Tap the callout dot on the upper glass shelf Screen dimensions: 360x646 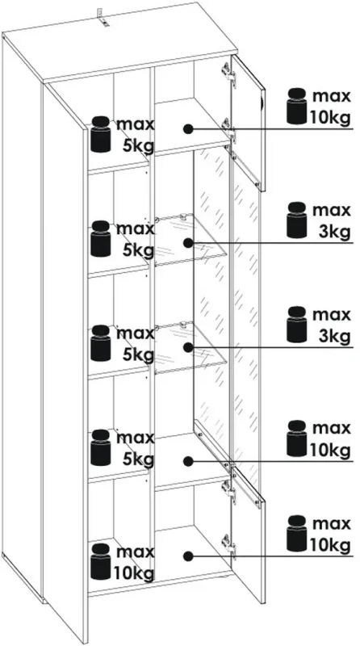pos(188,244)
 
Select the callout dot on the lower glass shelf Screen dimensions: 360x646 pos(188,347)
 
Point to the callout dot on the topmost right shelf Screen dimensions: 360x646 pos(188,129)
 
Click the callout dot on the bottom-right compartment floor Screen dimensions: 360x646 pos(188,556)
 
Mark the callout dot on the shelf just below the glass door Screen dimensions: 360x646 pos(188,461)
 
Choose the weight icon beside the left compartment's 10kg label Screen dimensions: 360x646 pos(101,562)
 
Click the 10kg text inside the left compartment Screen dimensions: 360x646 pos(135,573)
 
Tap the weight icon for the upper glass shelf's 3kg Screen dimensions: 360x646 pos(297,220)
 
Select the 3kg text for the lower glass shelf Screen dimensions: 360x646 pos(334,337)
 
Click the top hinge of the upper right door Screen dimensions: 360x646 pos(228,74)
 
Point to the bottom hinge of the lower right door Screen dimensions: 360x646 pos(228,547)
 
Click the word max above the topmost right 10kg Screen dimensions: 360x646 pos(332,96)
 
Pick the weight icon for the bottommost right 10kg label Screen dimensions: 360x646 pos(297,533)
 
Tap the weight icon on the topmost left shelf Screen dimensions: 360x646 pos(101,134)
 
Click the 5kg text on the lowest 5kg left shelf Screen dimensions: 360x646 pos(139,459)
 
